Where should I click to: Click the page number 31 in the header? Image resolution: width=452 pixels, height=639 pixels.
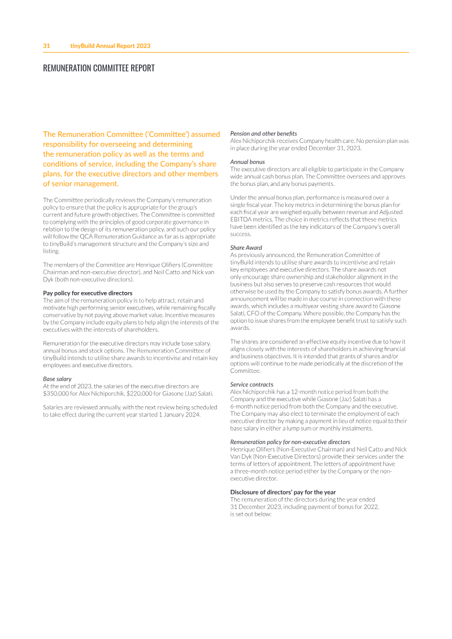pos(47,46)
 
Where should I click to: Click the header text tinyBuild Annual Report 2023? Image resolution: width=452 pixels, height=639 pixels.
pos(110,46)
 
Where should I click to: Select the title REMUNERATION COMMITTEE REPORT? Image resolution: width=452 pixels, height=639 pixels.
pos(99,68)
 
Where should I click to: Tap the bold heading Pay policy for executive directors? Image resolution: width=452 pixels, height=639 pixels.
pos(88,293)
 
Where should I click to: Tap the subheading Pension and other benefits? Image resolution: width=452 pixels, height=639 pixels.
pos(263,133)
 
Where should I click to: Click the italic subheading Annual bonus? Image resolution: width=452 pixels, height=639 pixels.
pos(247,162)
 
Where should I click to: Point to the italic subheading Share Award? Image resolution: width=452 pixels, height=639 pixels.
pos(246,247)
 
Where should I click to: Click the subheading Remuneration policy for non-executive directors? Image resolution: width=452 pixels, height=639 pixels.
pos(290,442)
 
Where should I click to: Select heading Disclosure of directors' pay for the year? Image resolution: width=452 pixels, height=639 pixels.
pos(283,492)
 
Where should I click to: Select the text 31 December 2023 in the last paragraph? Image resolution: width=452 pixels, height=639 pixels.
pos(255,507)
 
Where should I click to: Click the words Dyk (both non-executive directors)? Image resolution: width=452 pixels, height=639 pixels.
pos(89,279)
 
